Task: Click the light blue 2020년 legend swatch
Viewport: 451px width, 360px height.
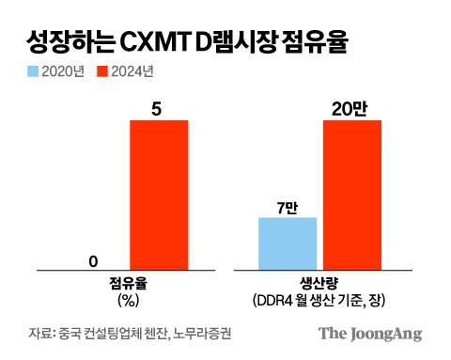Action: (33, 72)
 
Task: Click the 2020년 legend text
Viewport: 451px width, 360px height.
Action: (64, 72)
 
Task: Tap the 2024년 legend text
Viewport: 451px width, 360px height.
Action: (132, 72)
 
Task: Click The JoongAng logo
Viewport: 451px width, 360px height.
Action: (368, 334)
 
